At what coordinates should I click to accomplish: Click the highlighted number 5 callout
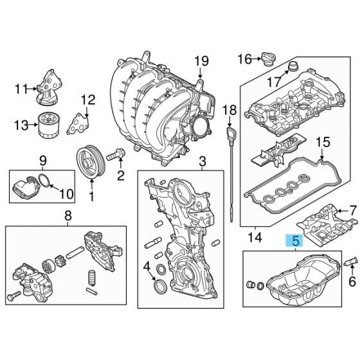point(295,242)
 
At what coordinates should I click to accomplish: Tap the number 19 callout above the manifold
point(201,62)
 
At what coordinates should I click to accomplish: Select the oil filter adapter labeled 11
point(48,89)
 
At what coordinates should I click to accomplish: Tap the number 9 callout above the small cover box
point(43,159)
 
